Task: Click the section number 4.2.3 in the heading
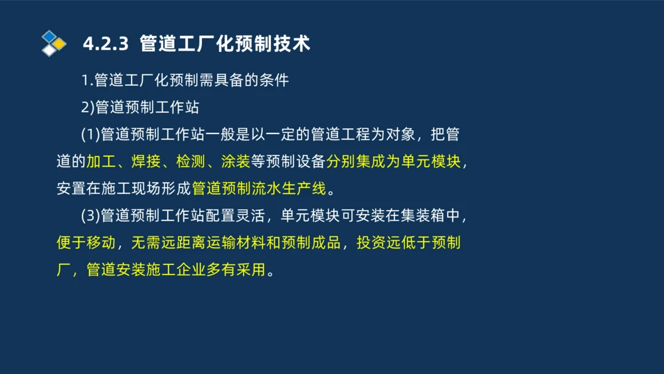coord(105,44)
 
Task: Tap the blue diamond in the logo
coord(49,36)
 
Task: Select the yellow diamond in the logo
coord(60,44)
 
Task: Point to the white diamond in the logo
coord(49,50)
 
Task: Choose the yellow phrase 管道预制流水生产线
coord(259,189)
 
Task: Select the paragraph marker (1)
coord(90,134)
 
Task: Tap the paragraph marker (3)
coord(90,216)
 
